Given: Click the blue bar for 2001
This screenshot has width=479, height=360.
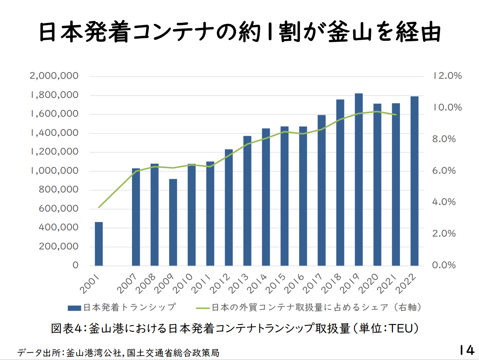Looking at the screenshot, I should point(99,243).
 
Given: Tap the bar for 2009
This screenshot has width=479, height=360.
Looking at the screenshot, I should point(173,222).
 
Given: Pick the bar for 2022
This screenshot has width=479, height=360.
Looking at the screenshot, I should point(414,181).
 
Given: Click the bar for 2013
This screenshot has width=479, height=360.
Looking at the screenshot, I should point(247,201).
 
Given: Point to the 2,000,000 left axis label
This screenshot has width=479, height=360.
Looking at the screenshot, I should point(54,76).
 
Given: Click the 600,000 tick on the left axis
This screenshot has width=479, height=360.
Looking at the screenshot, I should point(58,208).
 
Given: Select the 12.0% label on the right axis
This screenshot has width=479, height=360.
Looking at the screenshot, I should point(447,76).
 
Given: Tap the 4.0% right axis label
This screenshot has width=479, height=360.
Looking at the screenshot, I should point(444,202).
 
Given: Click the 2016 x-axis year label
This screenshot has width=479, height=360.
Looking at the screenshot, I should point(294,284).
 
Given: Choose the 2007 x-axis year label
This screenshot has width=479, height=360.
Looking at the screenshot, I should point(127,284).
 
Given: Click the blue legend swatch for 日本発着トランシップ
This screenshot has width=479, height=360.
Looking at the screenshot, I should point(74,308).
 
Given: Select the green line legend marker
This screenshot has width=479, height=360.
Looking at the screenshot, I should point(203,308).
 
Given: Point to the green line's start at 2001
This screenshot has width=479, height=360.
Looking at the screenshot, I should point(99,207).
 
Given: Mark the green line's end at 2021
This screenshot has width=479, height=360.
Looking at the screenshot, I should point(396,115).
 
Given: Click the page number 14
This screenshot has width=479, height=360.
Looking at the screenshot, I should point(466,350).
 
